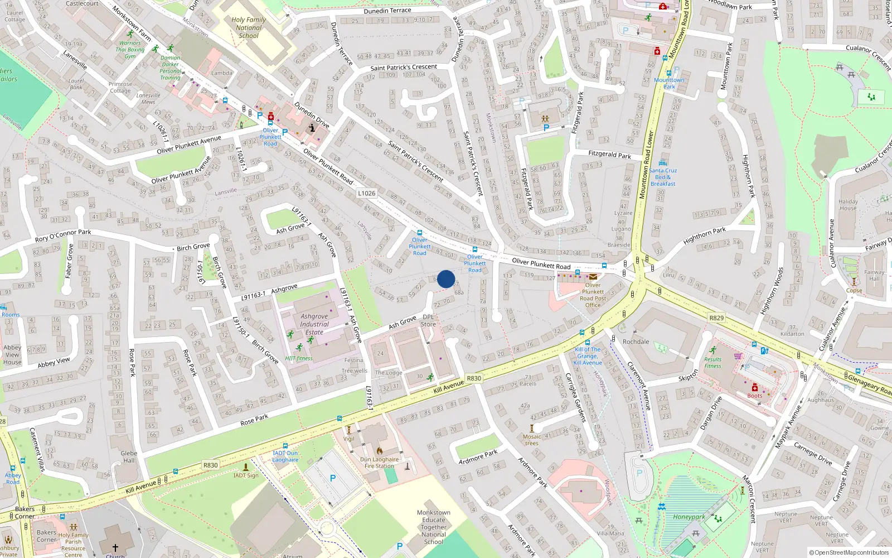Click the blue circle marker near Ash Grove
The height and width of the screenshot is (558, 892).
pos(446,279)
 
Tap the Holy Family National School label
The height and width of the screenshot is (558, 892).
pos(249,27)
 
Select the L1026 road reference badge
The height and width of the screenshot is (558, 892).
pos(366,193)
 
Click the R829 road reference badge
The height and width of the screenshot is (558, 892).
pos(716,318)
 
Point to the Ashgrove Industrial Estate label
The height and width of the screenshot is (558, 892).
pos(314,324)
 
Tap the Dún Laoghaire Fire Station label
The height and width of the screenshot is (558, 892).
pos(379,463)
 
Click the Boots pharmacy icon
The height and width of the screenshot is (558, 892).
pos(755,388)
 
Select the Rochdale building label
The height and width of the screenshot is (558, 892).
pos(636,341)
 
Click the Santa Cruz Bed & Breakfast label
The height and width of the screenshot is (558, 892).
pos(663,177)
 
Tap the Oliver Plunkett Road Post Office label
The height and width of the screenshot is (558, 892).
pos(593,295)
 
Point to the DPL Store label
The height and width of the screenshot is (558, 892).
pos(428,321)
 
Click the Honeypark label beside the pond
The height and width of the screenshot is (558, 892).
pos(689,517)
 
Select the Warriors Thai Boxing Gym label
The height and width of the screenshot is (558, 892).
pos(130,50)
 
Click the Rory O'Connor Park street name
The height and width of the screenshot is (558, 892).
pos(63,235)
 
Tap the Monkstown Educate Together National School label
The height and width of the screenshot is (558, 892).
pos(433,527)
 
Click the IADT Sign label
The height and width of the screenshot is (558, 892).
pos(246,475)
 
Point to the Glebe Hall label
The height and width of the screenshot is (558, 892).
pos(129,456)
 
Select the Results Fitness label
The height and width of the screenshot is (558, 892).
pos(712,363)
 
